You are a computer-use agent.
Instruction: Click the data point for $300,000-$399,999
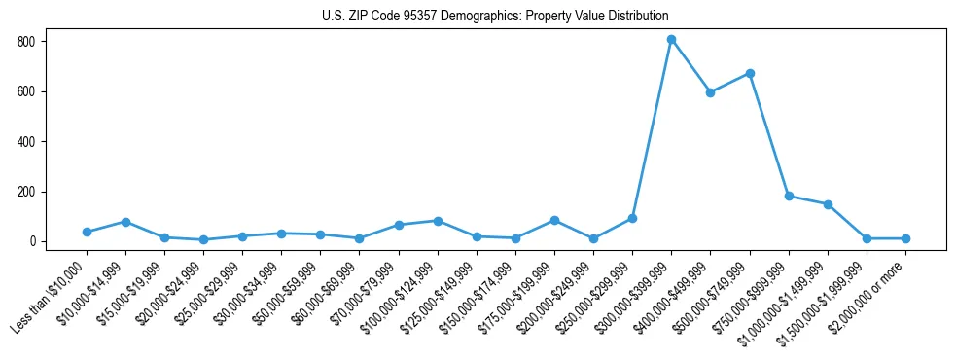[671, 39]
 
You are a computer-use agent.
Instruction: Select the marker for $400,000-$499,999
[710, 92]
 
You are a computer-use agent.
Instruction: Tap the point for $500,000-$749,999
[750, 73]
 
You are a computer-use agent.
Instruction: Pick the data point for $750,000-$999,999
[789, 196]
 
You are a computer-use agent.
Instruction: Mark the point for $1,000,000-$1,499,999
[828, 204]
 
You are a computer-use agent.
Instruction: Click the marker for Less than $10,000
[87, 232]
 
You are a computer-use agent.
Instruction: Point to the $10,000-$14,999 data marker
[125, 222]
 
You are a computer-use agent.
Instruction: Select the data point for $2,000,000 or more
[905, 238]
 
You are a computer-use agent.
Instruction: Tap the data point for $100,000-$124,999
[438, 221]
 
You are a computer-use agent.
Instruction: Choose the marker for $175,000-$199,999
[554, 220]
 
